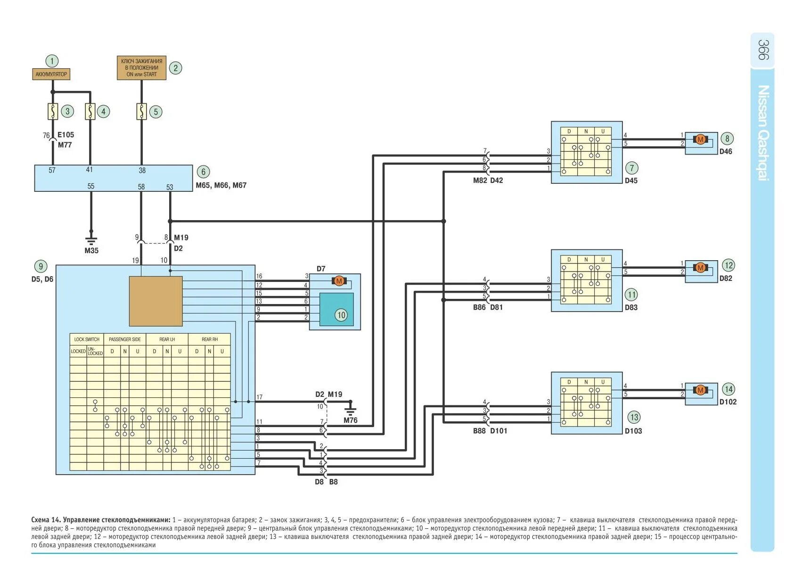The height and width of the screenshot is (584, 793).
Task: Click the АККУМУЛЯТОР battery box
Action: coord(51,74)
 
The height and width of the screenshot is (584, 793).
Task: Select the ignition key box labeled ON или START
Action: coord(141,68)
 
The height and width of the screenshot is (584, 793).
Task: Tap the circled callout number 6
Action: coord(203,172)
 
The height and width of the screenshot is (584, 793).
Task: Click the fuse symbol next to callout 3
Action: coord(53,111)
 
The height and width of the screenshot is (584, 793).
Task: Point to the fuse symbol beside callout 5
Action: coord(141,112)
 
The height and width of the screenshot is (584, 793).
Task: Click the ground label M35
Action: coord(91,251)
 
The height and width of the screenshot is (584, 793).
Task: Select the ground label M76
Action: coord(350,420)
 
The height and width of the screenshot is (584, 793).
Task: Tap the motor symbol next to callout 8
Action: coord(700,139)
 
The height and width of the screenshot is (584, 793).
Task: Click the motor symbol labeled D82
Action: coord(700,268)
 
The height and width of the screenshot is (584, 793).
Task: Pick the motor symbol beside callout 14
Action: coord(700,390)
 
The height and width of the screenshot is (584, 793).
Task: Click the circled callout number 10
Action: coord(341,315)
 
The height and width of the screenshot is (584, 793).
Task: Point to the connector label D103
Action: coord(633,431)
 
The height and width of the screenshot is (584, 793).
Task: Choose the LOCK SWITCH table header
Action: coord(87,339)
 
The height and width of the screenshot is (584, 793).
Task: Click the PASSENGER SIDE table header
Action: coord(124,339)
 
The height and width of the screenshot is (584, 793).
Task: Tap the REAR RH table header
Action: coord(210,339)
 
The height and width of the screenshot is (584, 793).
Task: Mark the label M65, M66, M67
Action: coord(221,185)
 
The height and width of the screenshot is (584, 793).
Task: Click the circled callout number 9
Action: coord(41,266)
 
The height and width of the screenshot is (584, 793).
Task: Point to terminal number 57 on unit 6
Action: coord(52,170)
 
